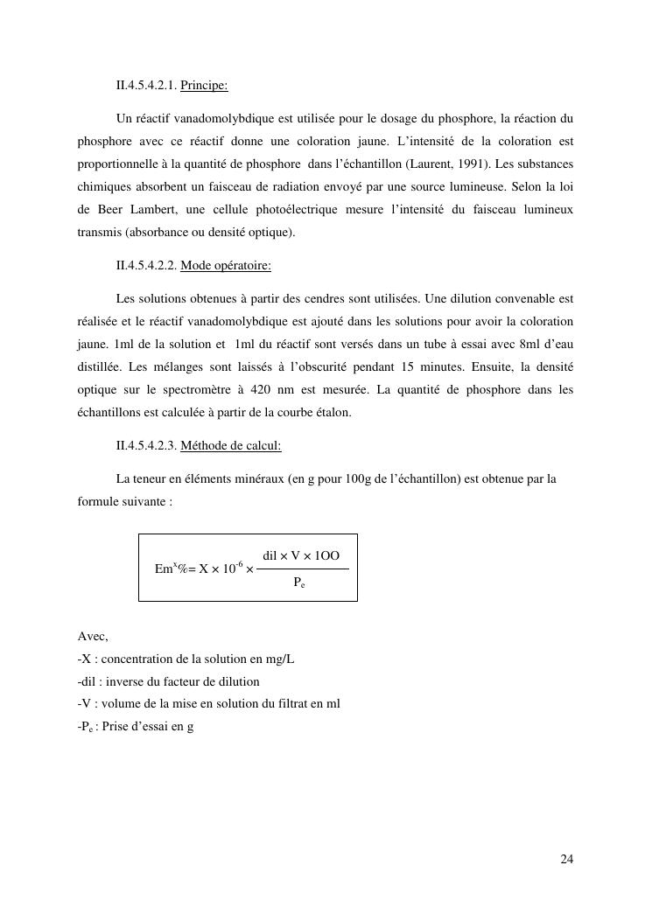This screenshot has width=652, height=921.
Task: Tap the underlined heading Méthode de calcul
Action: coord(230,445)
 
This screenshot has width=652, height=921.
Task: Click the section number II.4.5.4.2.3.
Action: coord(146,445)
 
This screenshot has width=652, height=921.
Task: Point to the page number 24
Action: coord(566,859)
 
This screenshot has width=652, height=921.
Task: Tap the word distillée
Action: coord(101,367)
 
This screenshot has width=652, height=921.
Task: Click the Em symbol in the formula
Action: coord(164,569)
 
